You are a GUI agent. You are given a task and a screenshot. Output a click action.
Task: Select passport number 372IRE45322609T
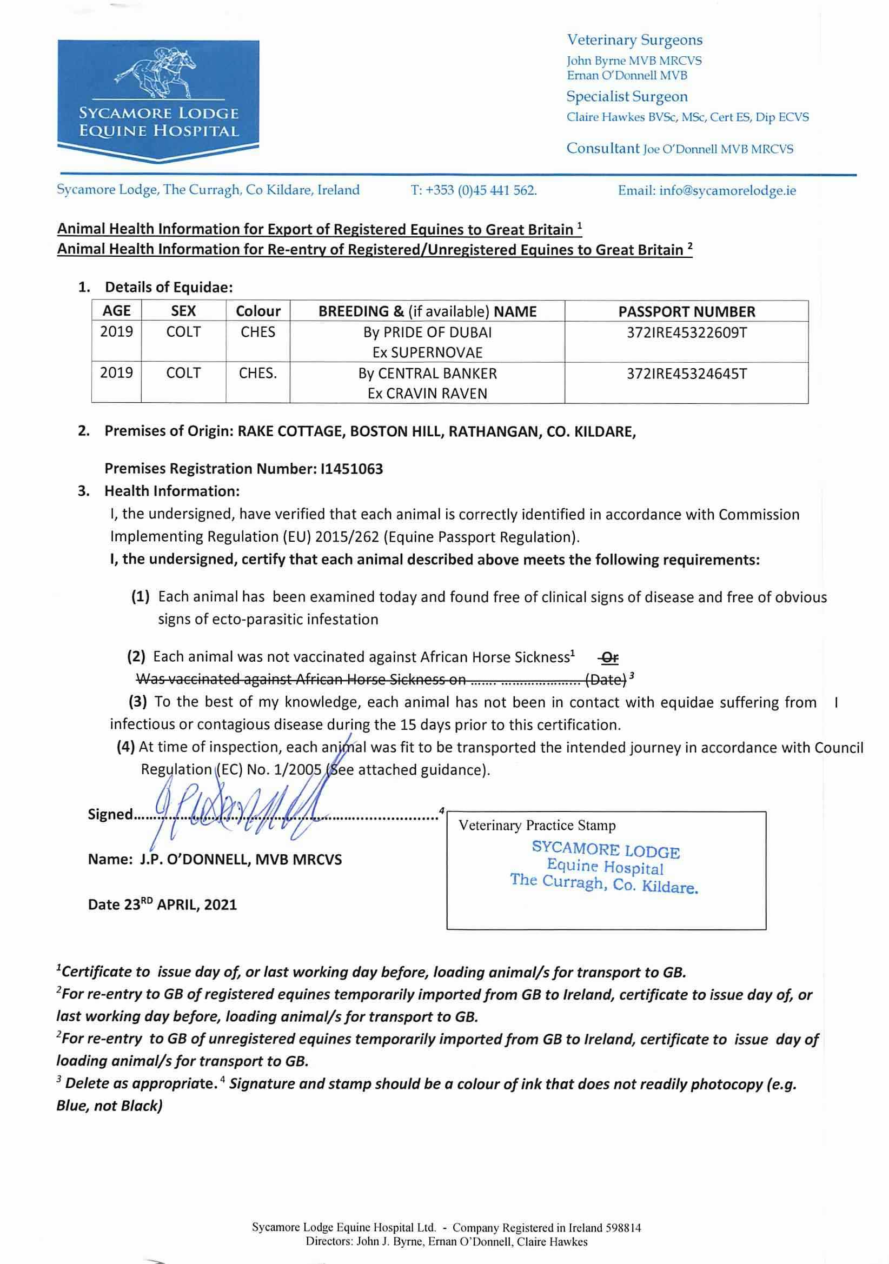point(686,332)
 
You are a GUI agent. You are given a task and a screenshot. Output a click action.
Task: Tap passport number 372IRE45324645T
point(686,374)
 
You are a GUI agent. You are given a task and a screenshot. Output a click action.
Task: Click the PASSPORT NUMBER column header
point(686,311)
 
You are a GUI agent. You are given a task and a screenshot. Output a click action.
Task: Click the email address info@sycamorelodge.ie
point(727,190)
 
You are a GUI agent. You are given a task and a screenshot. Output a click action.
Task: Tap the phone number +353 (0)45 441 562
point(480,190)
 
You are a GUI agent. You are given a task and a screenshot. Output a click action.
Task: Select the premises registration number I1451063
point(351,469)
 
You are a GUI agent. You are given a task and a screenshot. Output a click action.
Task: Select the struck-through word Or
point(609,657)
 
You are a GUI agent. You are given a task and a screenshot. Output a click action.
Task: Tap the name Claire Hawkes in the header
point(605,117)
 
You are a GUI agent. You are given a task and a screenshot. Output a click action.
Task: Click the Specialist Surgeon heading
point(627,96)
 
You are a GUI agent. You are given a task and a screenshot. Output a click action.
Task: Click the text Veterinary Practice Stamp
point(537,825)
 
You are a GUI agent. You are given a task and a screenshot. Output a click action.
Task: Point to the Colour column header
point(258,311)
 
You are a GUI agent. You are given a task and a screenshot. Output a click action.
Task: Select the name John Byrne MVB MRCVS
point(634,61)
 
